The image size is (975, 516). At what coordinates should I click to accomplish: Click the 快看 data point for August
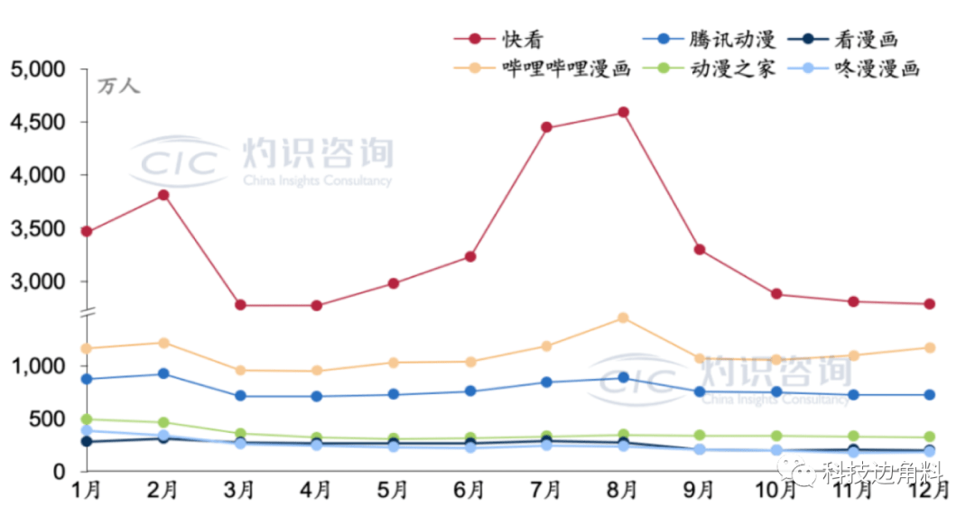[x=623, y=113]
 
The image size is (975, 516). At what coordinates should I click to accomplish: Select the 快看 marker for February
[x=163, y=195]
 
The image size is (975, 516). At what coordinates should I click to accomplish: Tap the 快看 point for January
[x=87, y=232]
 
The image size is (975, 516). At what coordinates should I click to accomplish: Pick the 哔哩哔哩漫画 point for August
[x=623, y=318]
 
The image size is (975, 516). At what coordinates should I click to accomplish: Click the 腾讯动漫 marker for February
[x=163, y=373]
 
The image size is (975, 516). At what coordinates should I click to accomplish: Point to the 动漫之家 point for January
[x=87, y=419]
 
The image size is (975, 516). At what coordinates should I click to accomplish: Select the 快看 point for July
[x=546, y=127]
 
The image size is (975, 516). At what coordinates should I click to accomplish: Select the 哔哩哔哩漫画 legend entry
[x=551, y=69]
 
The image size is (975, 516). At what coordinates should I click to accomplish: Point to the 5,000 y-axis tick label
[x=38, y=69]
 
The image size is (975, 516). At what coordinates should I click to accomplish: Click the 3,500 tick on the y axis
[x=38, y=228]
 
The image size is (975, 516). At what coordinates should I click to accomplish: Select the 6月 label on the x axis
[x=469, y=492]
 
